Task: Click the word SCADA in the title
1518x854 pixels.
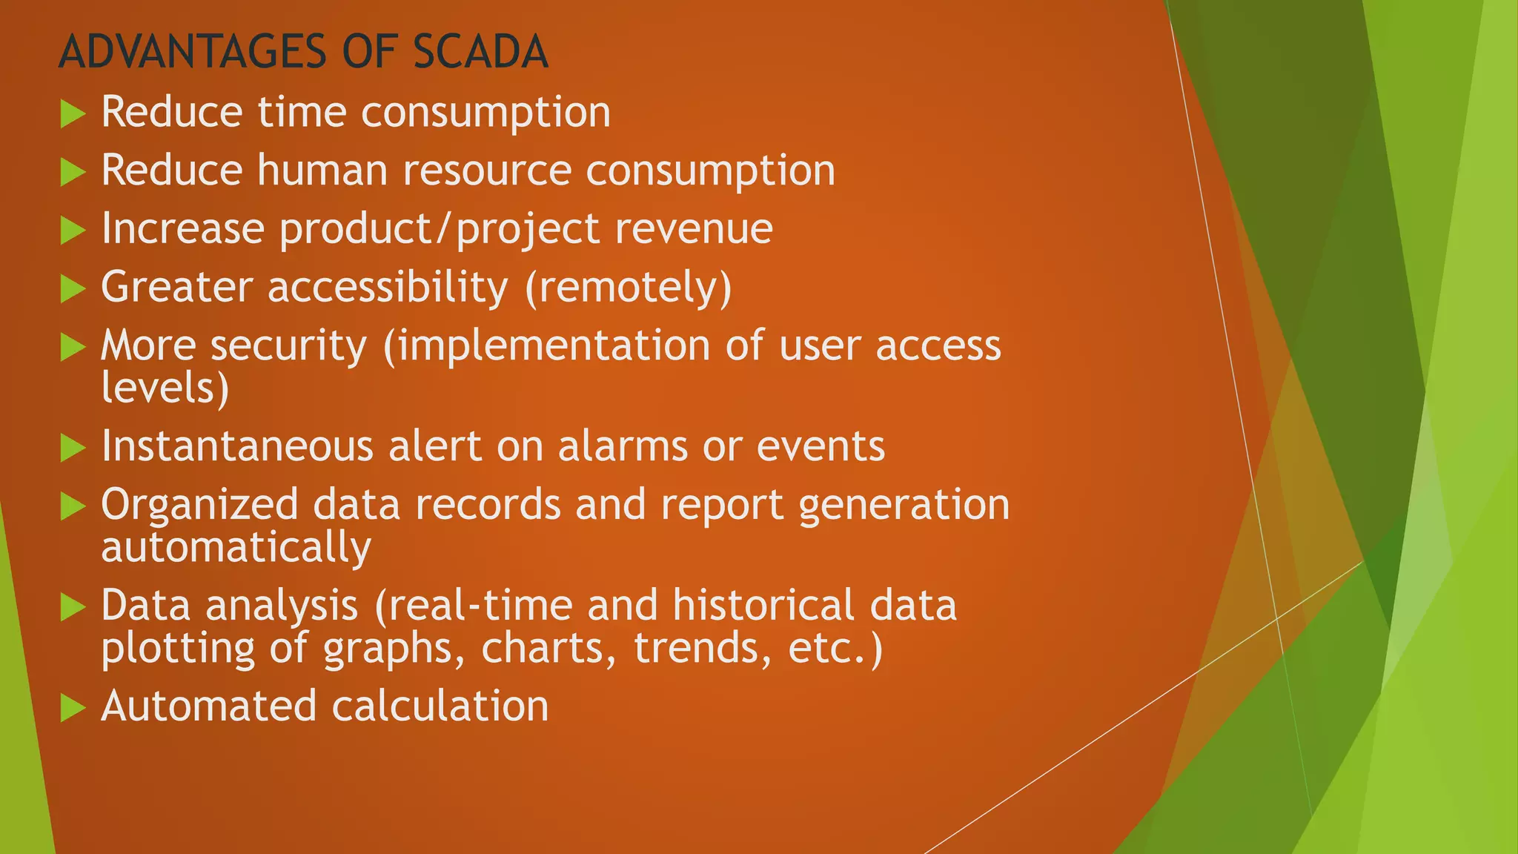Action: click(480, 52)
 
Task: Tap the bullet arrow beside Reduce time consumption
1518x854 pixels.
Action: click(73, 114)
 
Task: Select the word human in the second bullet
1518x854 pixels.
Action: click(322, 171)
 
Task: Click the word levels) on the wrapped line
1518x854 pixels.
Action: click(165, 388)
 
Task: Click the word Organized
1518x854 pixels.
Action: click(199, 506)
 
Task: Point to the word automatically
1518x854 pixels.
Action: click(236, 549)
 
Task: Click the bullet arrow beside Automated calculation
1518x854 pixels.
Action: click(73, 708)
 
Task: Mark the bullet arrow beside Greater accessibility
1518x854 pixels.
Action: click(73, 288)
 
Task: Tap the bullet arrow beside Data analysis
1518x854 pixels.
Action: click(73, 607)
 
